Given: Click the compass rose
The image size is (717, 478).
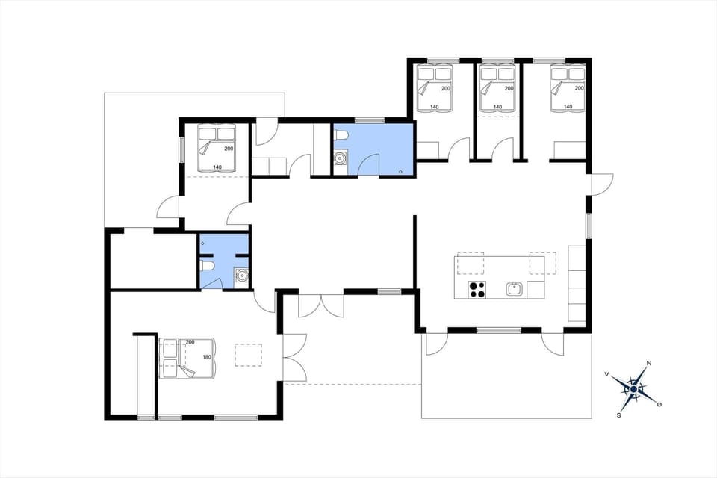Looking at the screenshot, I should tap(633, 388).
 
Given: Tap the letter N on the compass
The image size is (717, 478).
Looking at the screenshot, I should tap(649, 364).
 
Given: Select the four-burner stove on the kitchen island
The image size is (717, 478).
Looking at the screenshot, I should tap(477, 289).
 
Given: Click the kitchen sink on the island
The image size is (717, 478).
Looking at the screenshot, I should tap(513, 288).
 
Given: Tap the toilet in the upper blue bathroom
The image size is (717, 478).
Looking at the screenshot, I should tap(341, 136).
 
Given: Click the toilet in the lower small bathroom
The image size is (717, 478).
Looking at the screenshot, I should tap(208, 266).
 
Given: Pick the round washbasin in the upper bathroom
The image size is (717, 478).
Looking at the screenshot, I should tap(341, 158).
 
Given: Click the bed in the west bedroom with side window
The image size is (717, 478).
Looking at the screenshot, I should tap(217, 147).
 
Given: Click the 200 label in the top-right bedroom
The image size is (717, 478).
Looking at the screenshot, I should tap(579, 89).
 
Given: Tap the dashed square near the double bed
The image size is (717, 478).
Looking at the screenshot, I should tap(247, 355).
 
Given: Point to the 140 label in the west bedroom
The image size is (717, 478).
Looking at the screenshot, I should tap(217, 167).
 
